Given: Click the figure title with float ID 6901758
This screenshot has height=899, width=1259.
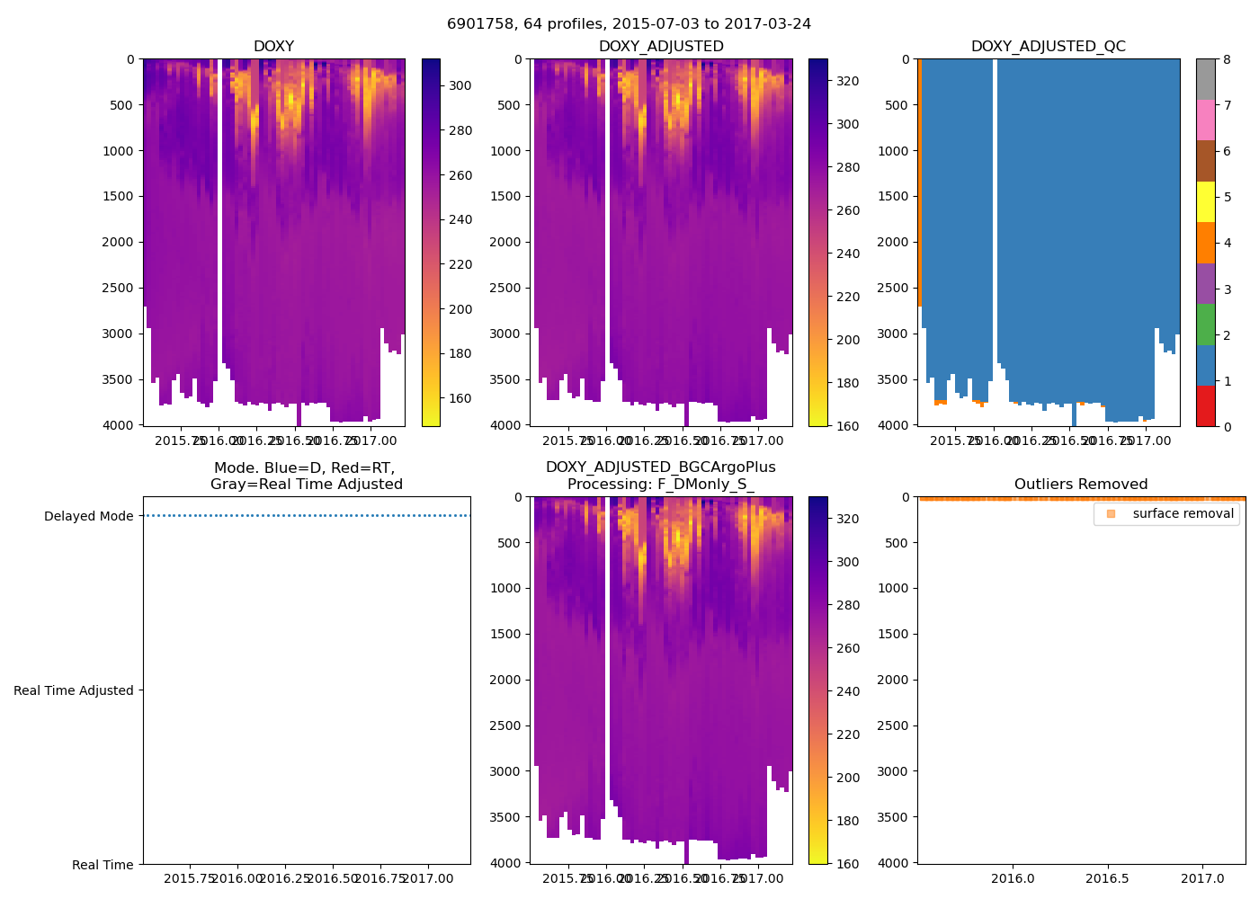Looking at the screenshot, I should [x=629, y=24].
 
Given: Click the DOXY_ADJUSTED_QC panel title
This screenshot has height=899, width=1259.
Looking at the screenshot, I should [x=1048, y=47].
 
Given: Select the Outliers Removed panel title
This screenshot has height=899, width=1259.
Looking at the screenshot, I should [x=1081, y=485].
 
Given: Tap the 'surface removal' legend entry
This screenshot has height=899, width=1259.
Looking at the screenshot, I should [x=1183, y=513].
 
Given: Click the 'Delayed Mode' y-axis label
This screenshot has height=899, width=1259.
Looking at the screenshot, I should [x=89, y=516].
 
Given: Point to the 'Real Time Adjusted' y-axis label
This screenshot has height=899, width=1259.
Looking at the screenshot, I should [x=74, y=690].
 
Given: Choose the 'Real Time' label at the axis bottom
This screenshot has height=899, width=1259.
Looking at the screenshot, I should [x=103, y=865].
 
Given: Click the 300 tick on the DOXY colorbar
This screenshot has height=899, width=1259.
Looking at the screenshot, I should [x=460, y=85].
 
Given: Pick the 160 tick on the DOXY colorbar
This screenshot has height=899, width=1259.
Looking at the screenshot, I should [x=460, y=398].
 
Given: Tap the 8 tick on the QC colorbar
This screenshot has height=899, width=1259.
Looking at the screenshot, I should [x=1227, y=59].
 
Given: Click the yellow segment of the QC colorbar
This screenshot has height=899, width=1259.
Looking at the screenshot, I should [x=1205, y=202].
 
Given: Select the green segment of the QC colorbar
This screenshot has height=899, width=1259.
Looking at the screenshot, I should [x=1205, y=325].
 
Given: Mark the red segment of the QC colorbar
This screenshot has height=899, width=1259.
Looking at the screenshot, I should [x=1205, y=406].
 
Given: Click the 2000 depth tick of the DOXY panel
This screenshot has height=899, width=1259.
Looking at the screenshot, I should [x=119, y=242].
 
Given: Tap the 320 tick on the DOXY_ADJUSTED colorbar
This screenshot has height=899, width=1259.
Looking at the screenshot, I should [x=847, y=81].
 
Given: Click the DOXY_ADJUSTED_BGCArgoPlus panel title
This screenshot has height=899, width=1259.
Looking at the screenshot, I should [x=660, y=476].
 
